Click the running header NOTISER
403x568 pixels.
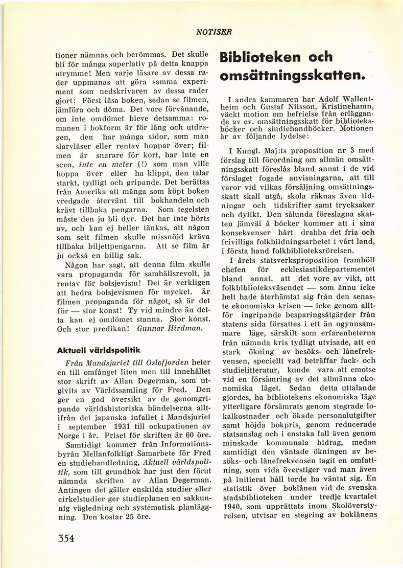click(214, 32)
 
